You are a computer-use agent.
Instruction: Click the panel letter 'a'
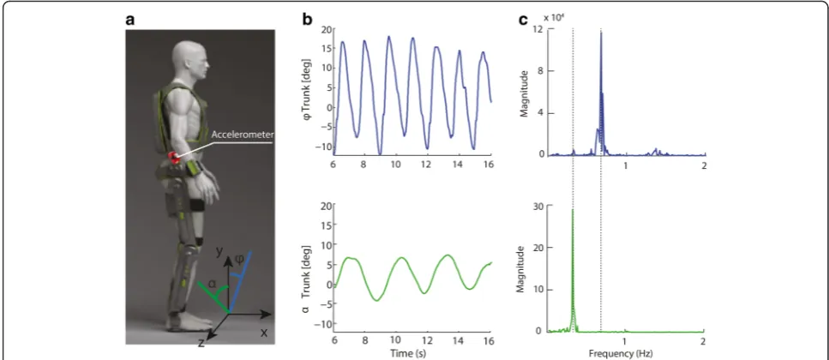pyautogui.click(x=129, y=21)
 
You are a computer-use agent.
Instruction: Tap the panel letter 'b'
pyautogui.click(x=307, y=20)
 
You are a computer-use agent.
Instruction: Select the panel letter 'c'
pyautogui.click(x=523, y=21)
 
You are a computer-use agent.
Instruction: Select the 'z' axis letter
pyautogui.click(x=201, y=343)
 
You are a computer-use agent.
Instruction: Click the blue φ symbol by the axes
pyautogui.click(x=239, y=261)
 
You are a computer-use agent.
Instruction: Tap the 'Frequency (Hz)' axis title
pyautogui.click(x=626, y=352)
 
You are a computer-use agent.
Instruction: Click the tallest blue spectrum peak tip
pyautogui.click(x=601, y=33)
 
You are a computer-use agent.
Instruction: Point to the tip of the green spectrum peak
pyautogui.click(x=573, y=210)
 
